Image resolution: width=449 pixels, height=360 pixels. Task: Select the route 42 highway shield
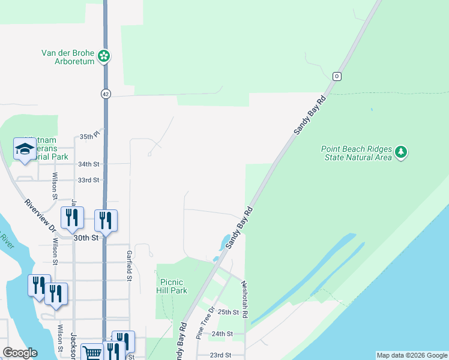pos(106,94)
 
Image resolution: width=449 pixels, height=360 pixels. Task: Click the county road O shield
pos(337,76)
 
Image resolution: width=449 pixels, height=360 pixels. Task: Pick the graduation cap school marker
pos(24,150)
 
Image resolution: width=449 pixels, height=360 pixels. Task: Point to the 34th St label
pos(88,164)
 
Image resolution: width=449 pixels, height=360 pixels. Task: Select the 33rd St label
pos(88,180)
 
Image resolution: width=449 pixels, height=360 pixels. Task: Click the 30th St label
pos(86,238)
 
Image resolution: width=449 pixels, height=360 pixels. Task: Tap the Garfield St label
pos(128,265)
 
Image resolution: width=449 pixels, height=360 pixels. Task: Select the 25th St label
pos(228,312)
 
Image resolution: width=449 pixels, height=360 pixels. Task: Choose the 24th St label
pos(221,334)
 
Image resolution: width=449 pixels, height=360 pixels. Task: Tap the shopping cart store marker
pos(91,353)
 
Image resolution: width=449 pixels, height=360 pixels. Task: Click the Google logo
pos(20,353)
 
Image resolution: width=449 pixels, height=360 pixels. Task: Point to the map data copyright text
pos(411,355)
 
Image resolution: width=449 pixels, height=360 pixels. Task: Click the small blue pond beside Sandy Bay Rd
pos(224,241)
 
